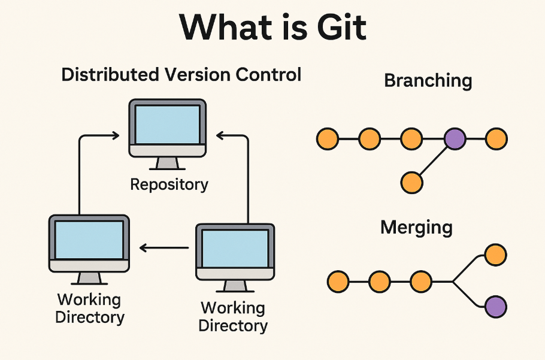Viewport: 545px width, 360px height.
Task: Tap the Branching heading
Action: pos(428,80)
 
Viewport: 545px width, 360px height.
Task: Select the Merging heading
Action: pos(416,228)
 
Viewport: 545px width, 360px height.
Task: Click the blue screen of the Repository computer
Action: pos(167,124)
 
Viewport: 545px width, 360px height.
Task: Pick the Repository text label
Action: pos(169,184)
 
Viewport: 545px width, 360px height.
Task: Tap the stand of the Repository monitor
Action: pos(167,163)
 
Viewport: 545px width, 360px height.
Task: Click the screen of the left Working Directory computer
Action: pos(89,239)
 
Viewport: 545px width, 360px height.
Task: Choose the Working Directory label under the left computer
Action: pos(89,308)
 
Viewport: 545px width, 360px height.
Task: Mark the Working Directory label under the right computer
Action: pos(233,317)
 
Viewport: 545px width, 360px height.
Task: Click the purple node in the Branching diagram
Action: pos(454,139)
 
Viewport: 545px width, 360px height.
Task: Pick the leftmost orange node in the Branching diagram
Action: pos(327,139)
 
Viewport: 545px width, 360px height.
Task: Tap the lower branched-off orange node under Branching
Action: pos(411,182)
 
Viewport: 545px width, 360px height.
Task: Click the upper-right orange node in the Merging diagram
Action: pos(496,255)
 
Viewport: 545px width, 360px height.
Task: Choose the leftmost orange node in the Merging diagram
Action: pos(338,280)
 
